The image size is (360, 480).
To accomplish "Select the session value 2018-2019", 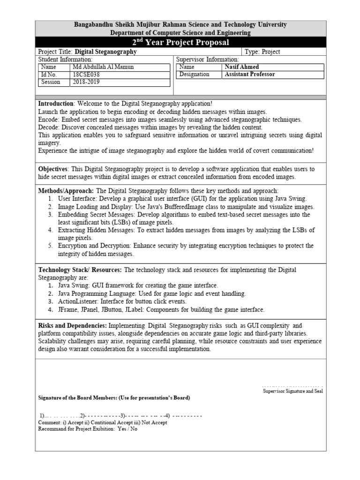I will tap(86, 82).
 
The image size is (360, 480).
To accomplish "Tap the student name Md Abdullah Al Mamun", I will tap(104, 67).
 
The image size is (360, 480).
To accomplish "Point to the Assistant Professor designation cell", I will tap(250, 74).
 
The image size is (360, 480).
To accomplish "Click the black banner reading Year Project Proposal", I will tap(181, 43).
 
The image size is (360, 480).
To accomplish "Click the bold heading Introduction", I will tap(56, 104).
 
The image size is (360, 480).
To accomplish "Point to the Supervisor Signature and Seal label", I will tap(292, 391).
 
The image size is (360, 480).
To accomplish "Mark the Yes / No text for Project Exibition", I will tap(127, 429).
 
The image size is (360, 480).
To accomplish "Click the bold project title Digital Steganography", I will tap(106, 52).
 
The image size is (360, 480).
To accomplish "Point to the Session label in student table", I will tap(51, 82).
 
